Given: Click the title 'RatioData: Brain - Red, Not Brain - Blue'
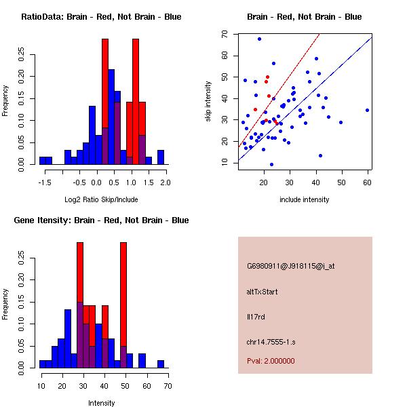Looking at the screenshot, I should [x=101, y=17].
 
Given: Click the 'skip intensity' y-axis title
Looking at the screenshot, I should [x=208, y=101].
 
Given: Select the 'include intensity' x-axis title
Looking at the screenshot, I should [x=304, y=200].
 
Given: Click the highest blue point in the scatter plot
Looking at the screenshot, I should [x=259, y=39].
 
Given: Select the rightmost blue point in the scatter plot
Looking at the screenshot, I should [x=367, y=110].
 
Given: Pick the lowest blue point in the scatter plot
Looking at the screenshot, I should [x=271, y=164].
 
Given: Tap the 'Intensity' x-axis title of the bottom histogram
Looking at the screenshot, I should [x=102, y=404].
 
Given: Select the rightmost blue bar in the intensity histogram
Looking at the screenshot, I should [x=161, y=364].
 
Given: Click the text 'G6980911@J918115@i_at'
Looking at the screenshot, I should [x=290, y=266].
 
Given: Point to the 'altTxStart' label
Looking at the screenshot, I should [x=263, y=292].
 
